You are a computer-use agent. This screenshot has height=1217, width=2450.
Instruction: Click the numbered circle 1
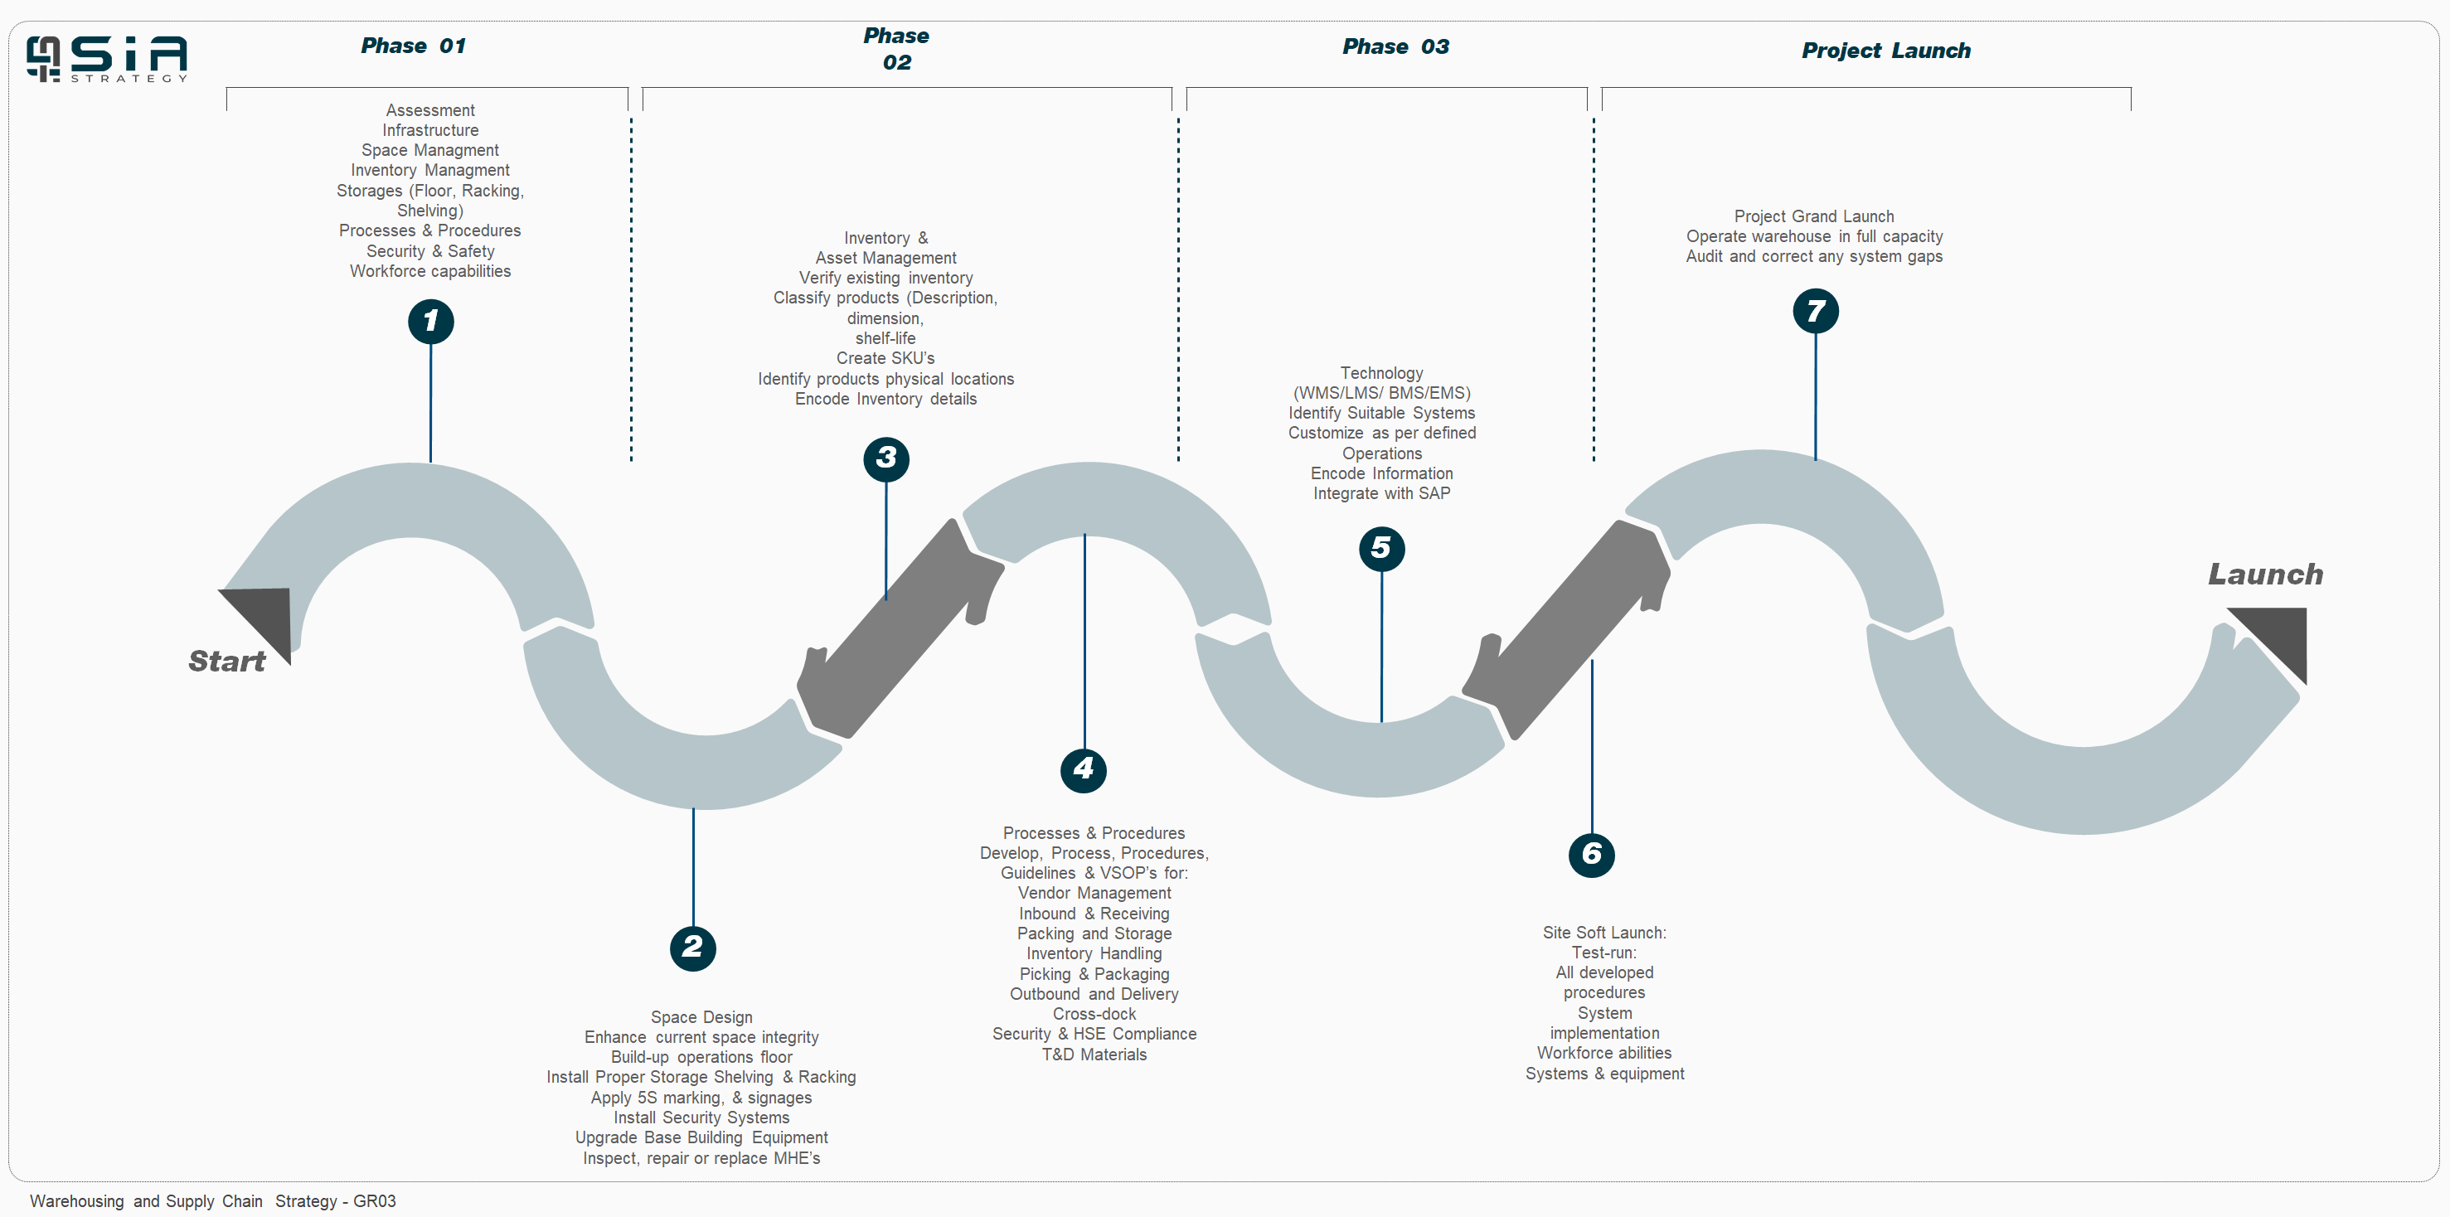(431, 322)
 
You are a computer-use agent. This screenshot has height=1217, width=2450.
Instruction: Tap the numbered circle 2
(692, 948)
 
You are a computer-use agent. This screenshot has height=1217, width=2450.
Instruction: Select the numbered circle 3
(886, 458)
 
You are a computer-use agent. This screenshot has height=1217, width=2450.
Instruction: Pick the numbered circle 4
(1084, 769)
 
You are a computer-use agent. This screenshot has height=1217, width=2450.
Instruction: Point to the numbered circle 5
(1382, 549)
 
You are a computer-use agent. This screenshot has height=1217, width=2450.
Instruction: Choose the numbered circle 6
(1591, 854)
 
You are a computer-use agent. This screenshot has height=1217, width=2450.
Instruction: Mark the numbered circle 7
(1816, 311)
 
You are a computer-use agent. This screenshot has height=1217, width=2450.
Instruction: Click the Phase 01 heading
(413, 46)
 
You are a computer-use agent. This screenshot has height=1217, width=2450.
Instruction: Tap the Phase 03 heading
(1395, 46)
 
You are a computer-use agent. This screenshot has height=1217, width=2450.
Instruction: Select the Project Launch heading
(1886, 51)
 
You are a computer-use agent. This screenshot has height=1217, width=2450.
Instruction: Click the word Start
(226, 661)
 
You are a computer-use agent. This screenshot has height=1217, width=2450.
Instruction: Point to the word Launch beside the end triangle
(2264, 575)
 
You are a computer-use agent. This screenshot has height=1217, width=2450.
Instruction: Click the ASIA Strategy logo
(106, 59)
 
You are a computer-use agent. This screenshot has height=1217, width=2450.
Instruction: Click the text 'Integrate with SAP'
(1382, 493)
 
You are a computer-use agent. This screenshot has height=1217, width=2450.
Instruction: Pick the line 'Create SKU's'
(885, 358)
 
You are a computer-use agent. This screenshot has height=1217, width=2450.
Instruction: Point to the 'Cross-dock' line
(1094, 1014)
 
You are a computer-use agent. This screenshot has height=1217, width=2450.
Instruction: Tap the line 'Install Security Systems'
(701, 1118)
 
